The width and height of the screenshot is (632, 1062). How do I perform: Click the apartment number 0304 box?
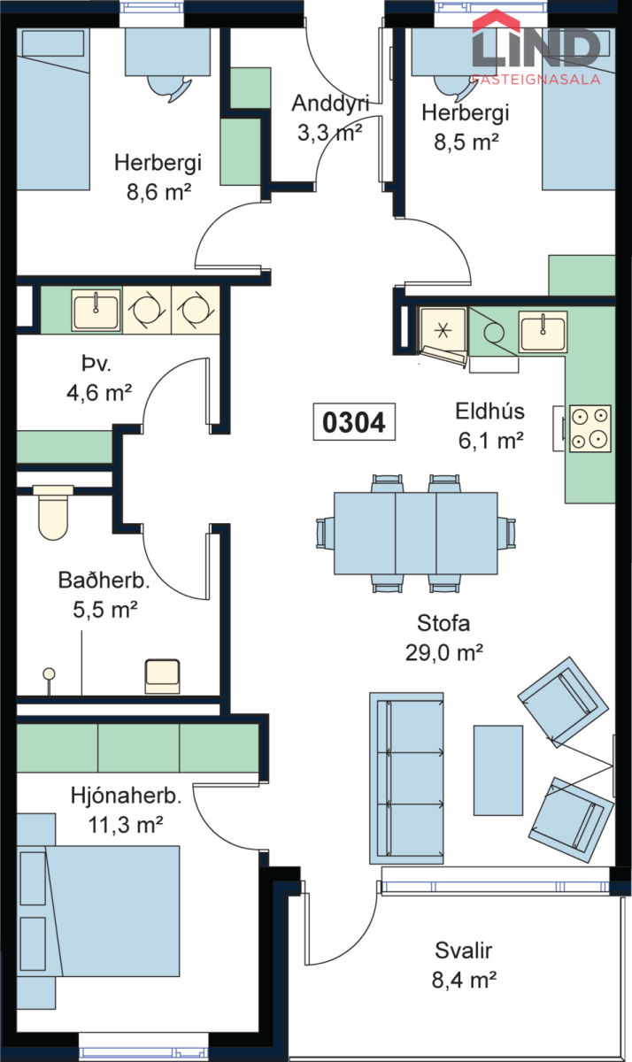coord(354,423)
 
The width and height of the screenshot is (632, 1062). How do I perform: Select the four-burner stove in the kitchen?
coord(590,427)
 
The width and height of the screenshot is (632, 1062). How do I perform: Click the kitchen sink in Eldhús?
coord(542,333)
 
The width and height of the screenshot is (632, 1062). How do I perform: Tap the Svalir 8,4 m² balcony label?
coord(464,965)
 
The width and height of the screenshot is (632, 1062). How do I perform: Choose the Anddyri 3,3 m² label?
coord(329,119)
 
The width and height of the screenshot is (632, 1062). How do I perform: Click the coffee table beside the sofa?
coord(497,763)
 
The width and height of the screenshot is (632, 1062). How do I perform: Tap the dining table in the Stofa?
coord(416,533)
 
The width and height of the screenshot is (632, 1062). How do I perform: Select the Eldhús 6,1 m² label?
coord(489,424)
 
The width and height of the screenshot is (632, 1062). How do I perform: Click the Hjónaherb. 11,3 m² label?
coord(126,810)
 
